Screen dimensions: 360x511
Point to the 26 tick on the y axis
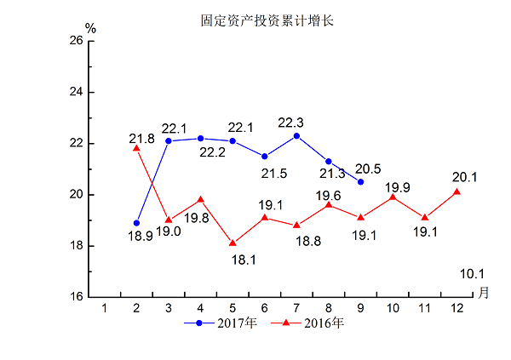76,41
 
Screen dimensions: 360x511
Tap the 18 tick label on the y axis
76,246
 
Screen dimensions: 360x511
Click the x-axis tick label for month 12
457,307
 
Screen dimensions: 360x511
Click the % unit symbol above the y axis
90,28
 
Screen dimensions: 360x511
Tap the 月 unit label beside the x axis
483,293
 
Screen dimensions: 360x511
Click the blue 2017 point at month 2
136,223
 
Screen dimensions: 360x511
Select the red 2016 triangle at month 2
136,147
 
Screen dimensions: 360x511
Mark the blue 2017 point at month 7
296,135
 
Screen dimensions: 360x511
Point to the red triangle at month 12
457,191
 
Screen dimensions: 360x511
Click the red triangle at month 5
233,243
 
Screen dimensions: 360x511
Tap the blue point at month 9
360,181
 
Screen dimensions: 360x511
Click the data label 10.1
471,274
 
